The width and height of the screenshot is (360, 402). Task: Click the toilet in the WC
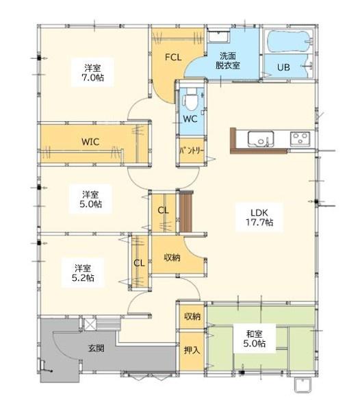[190, 99]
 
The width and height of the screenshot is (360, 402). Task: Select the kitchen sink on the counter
[261, 139]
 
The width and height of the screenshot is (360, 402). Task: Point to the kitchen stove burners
[300, 139]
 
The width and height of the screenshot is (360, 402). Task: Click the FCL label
[173, 57]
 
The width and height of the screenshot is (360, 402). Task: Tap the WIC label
[90, 142]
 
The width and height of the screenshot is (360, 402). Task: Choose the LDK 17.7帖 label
[259, 217]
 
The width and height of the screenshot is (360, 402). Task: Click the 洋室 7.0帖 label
[92, 73]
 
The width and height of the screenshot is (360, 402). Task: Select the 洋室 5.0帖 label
[90, 199]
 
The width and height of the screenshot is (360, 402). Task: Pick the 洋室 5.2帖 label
[83, 273]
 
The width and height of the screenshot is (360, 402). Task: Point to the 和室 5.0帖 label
[255, 339]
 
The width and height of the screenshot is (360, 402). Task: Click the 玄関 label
[96, 348]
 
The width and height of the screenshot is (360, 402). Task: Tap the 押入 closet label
[192, 350]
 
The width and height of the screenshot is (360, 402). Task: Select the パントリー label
[192, 151]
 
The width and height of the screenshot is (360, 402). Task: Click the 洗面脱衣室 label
[227, 61]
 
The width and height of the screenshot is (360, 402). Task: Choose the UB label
[283, 67]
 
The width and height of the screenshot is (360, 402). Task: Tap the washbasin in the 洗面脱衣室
[218, 36]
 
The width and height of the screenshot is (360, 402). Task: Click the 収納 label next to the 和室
[192, 316]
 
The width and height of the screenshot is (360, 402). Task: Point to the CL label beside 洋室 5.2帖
[139, 263]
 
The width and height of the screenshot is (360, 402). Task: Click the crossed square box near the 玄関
[90, 325]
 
